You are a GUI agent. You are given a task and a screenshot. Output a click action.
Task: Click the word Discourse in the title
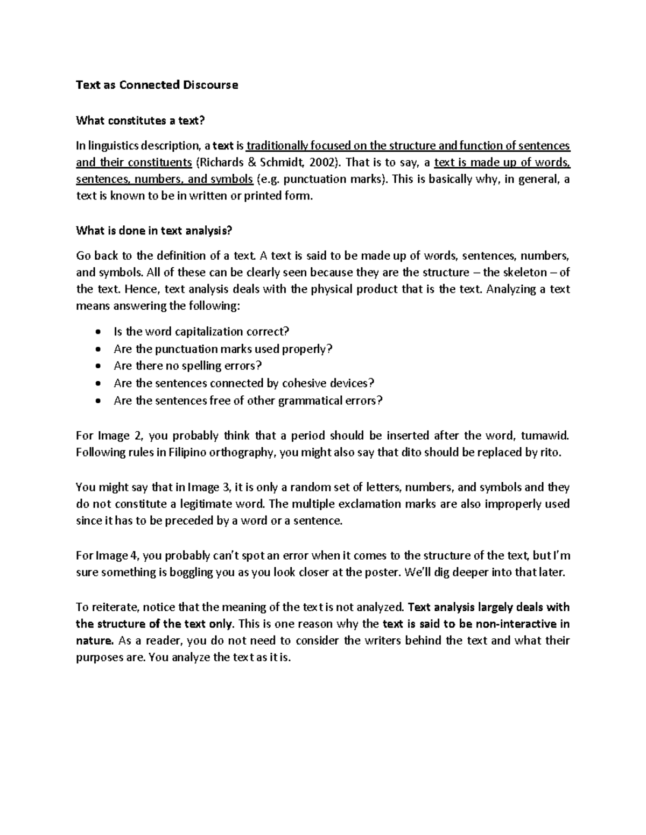pyautogui.click(x=210, y=85)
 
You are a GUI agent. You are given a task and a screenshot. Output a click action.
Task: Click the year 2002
pyautogui.click(x=324, y=162)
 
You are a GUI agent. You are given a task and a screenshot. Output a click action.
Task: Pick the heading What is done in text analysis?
pyautogui.click(x=154, y=231)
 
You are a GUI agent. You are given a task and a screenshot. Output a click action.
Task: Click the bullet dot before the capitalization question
pyautogui.click(x=97, y=332)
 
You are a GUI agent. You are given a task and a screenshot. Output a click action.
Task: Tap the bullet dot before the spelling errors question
pyautogui.click(x=97, y=366)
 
